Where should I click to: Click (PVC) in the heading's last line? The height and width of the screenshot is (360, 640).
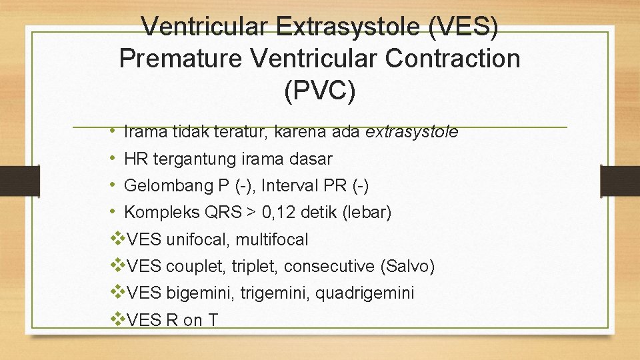click(x=320, y=91)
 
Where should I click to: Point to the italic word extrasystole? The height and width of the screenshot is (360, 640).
click(x=411, y=132)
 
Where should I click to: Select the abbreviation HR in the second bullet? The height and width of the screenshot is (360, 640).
click(x=136, y=159)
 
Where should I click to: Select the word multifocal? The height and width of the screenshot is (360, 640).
click(x=272, y=239)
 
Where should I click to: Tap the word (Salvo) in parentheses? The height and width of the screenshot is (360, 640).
click(x=407, y=267)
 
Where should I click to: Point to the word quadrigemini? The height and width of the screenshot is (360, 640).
click(x=365, y=293)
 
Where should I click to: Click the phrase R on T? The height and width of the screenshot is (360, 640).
click(x=192, y=321)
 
